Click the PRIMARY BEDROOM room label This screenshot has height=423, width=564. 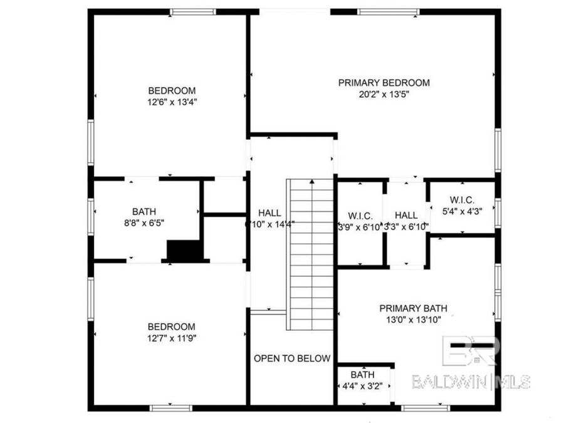click(x=384, y=83)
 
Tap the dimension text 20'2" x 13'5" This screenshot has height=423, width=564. click(x=384, y=95)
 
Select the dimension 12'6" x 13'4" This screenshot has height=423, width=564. click(x=171, y=102)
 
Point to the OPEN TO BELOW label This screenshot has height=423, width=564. click(x=291, y=358)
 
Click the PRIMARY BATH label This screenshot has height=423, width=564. click(x=413, y=308)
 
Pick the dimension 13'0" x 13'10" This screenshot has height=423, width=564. click(x=413, y=320)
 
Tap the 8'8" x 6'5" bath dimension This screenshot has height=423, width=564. click(x=144, y=223)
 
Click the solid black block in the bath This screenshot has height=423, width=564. click(x=185, y=250)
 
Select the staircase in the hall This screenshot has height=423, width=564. click(x=310, y=254)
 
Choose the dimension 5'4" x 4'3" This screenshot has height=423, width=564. click(x=462, y=211)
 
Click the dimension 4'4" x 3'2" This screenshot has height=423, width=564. click(x=363, y=386)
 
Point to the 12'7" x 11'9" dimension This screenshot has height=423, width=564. click(x=171, y=338)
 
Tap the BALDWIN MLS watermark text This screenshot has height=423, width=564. click(x=471, y=382)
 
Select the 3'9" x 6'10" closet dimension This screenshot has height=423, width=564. click(x=360, y=227)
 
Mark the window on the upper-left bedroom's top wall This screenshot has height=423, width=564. click(x=192, y=12)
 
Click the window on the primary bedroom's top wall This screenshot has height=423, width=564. click(x=388, y=12)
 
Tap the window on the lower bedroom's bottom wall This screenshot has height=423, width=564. click(x=170, y=408)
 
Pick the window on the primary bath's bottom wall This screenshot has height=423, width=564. click(x=426, y=408)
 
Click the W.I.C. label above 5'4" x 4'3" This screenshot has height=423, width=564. click(x=462, y=200)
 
